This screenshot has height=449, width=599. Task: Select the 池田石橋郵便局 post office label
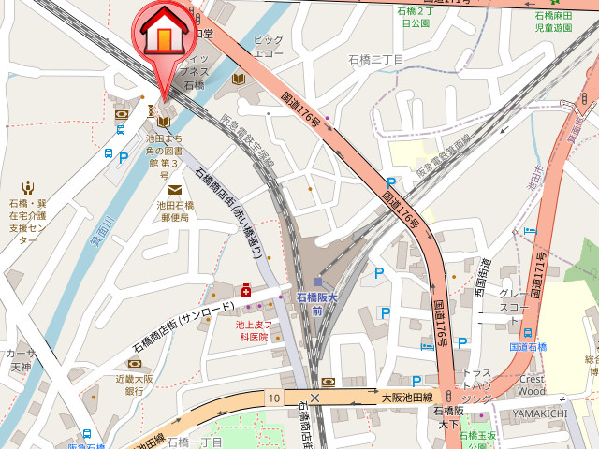pyautogui.click(x=175, y=211)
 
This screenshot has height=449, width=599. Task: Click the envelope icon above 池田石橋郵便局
pyautogui.click(x=175, y=190)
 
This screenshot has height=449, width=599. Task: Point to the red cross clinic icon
pyautogui.click(x=246, y=291)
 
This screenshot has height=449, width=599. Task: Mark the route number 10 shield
pyautogui.click(x=272, y=398)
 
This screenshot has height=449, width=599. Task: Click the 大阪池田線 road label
pyautogui.click(x=406, y=398)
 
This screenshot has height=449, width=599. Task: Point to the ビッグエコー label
pyautogui.click(x=269, y=47)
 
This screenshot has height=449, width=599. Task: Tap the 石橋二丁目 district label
pyautogui.click(x=375, y=60)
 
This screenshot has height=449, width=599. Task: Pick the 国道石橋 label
pyautogui.click(x=528, y=346)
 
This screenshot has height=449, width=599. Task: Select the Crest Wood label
pyautogui.click(x=533, y=384)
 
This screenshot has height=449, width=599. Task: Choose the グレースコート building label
pyautogui.click(x=514, y=299)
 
